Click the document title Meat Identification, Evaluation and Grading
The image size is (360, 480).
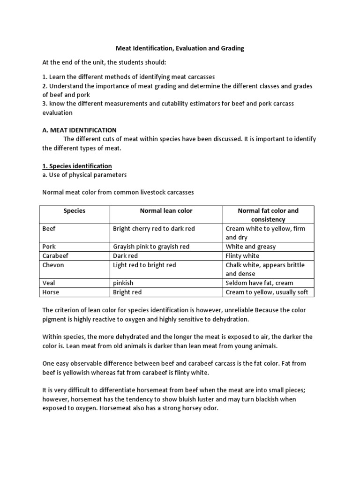180,48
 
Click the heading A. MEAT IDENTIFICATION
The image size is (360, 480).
79,130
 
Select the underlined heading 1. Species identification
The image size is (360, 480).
77,166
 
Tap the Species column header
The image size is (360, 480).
75,211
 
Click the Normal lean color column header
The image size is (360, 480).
166,211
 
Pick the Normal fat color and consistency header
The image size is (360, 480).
268,215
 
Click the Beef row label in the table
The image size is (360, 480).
49,229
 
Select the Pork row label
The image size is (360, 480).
49,247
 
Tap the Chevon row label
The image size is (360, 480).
53,265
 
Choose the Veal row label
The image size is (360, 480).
49,283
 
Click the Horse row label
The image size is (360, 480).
50,292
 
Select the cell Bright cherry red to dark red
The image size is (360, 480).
154,229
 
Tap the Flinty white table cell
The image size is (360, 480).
242,256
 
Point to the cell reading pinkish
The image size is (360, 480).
123,283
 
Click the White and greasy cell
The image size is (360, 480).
251,247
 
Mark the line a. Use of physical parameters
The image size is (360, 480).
84,175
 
